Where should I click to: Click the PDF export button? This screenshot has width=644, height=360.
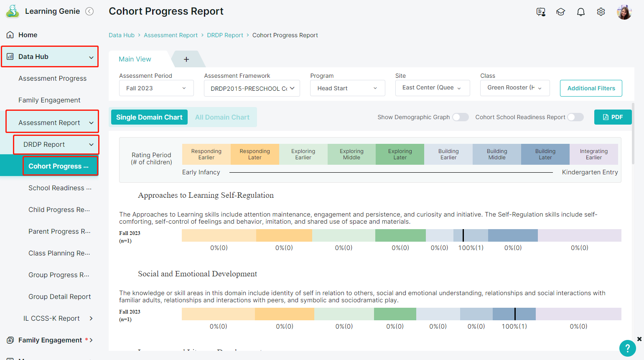[x=613, y=117]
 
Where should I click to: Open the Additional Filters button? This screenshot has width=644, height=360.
[x=591, y=88]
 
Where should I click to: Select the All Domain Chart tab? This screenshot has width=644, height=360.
[x=222, y=117]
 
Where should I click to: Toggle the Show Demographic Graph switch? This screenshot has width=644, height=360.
[x=460, y=117]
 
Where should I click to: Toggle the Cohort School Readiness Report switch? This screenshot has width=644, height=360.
[x=575, y=117]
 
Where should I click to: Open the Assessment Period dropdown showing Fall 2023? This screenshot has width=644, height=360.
[x=156, y=88]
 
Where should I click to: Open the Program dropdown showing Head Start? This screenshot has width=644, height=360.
[x=347, y=88]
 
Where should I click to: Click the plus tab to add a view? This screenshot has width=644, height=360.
[x=186, y=59]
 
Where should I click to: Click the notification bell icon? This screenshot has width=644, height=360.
[x=581, y=12]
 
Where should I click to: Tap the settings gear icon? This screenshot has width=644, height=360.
[x=601, y=12]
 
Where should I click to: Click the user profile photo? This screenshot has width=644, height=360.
[x=624, y=12]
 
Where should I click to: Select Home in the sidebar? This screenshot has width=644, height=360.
[x=28, y=35]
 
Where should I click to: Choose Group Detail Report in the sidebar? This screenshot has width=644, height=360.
[x=59, y=296]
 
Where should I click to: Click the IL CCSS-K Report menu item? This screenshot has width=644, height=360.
[x=51, y=318]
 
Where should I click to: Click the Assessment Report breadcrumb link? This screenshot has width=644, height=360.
[x=171, y=35]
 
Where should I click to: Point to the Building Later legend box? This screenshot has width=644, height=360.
[x=545, y=154]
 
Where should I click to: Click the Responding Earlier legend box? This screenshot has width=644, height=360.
[x=206, y=154]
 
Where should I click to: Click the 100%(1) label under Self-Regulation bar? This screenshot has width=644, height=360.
[x=471, y=248]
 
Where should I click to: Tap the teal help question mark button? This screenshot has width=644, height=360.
[x=627, y=348]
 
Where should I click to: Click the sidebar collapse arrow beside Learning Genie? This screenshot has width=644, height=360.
[x=89, y=11]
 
